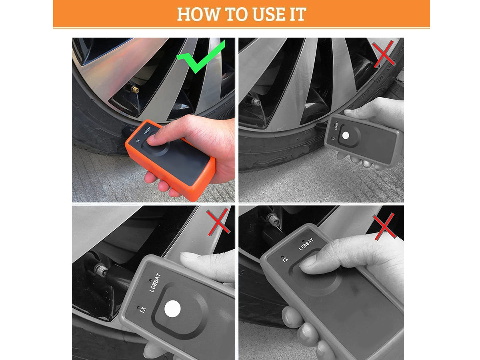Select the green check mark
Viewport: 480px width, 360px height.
tap(201, 56)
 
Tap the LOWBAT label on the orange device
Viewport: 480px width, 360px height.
tap(148, 130)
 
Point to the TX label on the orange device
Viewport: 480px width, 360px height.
tap(138, 142)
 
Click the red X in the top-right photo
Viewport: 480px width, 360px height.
tap(384, 54)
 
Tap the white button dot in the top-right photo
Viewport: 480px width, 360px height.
tap(346, 136)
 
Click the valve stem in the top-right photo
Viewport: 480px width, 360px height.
tap(255, 102)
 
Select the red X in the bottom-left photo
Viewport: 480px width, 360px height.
tap(218, 222)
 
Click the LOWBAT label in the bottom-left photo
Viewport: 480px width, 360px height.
tap(155, 283)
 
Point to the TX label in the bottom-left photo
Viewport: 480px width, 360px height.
tap(142, 310)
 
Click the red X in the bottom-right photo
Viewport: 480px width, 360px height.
tap(384, 227)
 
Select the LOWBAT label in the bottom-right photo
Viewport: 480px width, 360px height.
tap(306, 244)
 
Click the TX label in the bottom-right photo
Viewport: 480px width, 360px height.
tap(285, 260)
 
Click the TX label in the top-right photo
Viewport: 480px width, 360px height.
tap(333, 138)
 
